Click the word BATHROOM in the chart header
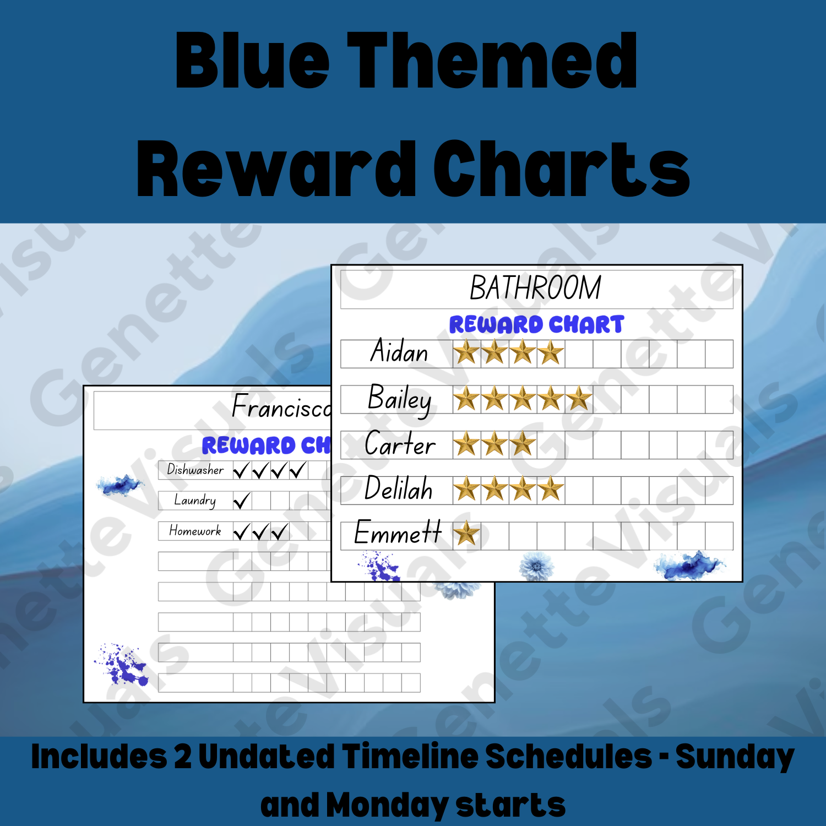click(535, 288)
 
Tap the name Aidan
click(399, 352)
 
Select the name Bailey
click(399, 399)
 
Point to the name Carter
click(400, 444)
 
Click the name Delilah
click(399, 489)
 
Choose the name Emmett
click(398, 532)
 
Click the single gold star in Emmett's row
click(466, 534)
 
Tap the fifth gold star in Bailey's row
click(578, 399)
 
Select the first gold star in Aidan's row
click(466, 352)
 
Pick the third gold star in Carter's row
click(522, 444)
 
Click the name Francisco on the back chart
click(281, 407)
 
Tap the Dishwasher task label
click(195, 470)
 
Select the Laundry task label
click(195, 500)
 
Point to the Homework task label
click(195, 531)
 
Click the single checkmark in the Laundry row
click(242, 501)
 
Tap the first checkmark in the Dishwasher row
click(241, 471)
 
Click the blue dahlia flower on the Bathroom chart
click(536, 566)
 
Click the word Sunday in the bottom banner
click(735, 757)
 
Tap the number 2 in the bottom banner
click(182, 757)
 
